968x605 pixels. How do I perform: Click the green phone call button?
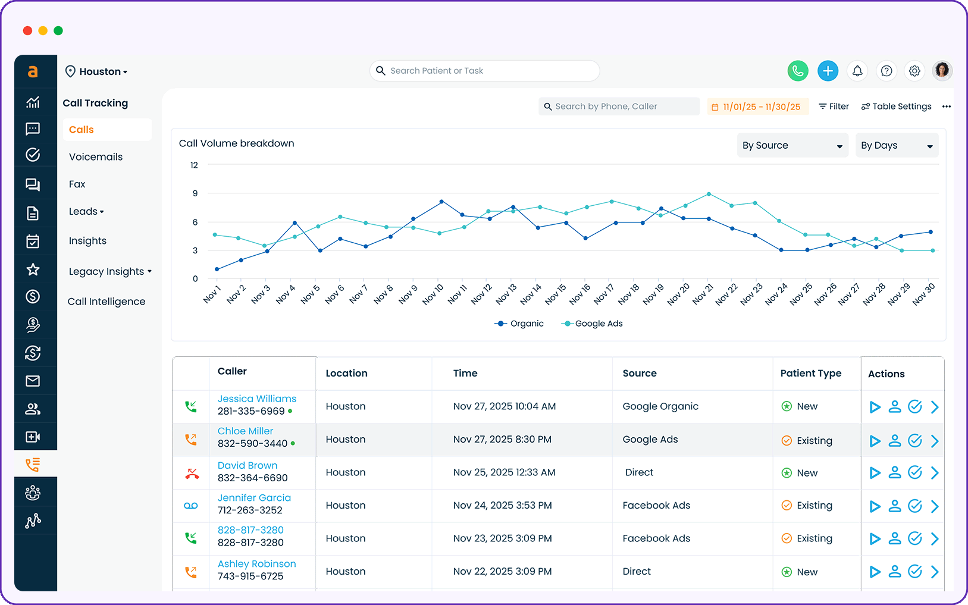pos(798,71)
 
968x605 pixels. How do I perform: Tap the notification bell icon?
pos(857,71)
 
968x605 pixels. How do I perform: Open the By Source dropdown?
pos(792,146)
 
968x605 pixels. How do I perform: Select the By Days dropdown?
pos(897,146)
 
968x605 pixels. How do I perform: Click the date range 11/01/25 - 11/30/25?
pos(757,107)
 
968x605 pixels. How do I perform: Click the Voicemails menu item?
pos(96,157)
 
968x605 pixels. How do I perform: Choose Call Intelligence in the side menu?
pos(106,302)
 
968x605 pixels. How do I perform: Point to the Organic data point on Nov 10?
pos(441,202)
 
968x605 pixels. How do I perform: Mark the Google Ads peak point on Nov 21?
pos(709,194)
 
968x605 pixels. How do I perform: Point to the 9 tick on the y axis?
pos(195,193)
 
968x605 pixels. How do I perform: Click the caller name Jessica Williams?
pos(256,399)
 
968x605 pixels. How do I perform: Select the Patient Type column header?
pos(810,374)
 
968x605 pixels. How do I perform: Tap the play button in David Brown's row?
pos(875,473)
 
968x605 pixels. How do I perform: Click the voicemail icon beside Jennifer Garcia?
pos(191,506)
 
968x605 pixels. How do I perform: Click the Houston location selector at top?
pos(96,71)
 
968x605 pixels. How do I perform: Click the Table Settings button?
pos(896,106)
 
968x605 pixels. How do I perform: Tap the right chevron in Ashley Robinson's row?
pos(935,572)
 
